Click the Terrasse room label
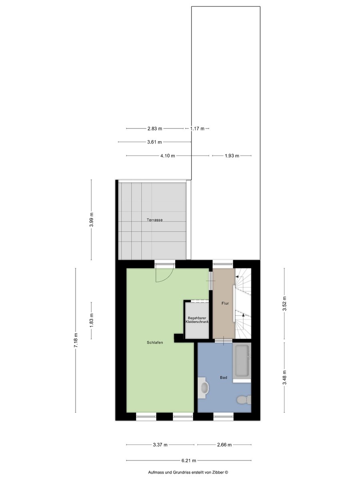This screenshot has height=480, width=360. [154, 220]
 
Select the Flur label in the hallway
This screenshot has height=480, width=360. [225, 303]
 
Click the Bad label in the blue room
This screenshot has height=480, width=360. [224, 378]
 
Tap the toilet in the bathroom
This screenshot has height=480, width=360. [244, 400]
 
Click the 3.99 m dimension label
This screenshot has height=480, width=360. [91, 219]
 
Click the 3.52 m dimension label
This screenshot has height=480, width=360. [284, 303]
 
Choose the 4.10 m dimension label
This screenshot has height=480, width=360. [168, 156]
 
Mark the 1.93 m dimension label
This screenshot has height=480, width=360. [232, 156]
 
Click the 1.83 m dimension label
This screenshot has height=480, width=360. [91, 320]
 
